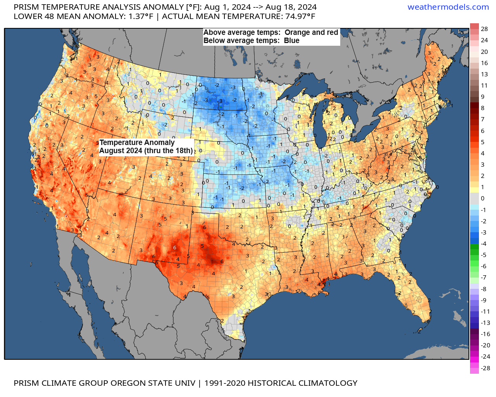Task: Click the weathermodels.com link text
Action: pos(448,7)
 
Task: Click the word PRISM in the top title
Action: pos(26,7)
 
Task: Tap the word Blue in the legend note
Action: pos(291,41)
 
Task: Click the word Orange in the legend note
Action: pos(297,33)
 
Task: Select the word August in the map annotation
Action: pos(111,150)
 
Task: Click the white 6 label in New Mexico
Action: pos(175,247)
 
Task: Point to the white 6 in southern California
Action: pos(66,216)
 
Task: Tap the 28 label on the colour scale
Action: pos(484,29)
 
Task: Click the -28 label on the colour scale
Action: pos(485,368)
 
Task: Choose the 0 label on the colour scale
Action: pos(482,198)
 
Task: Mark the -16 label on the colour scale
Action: pos(485,334)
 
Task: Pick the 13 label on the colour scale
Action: pos(484,74)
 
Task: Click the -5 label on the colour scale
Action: pos(483,255)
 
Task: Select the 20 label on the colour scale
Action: pos(484,52)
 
